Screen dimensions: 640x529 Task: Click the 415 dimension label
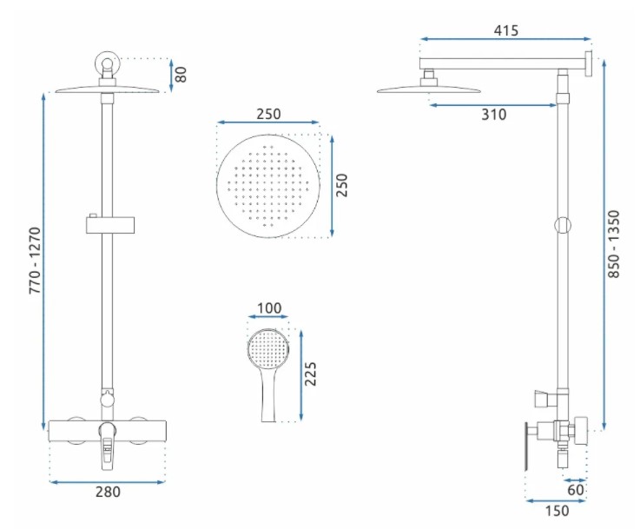click(x=505, y=30)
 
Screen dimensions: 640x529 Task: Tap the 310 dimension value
click(x=494, y=115)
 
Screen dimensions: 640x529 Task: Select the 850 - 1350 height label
click(x=613, y=244)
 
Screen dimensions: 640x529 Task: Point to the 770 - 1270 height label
click(x=35, y=261)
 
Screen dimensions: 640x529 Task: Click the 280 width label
click(x=109, y=492)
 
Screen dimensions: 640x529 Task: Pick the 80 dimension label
click(x=180, y=75)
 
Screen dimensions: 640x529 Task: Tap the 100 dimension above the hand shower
click(x=269, y=307)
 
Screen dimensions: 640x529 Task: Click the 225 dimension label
click(x=311, y=374)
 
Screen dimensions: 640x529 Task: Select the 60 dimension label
click(x=576, y=489)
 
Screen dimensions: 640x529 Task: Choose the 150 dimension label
click(x=557, y=511)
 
